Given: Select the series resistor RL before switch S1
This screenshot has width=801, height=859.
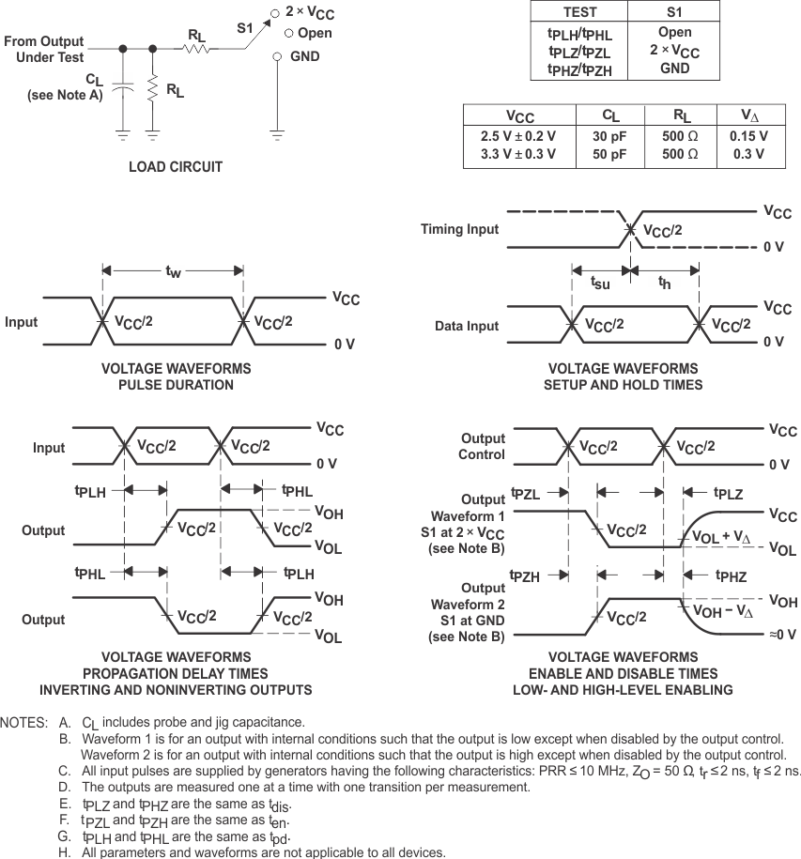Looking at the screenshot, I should [196, 47].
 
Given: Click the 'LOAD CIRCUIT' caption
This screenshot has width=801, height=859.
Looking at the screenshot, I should [176, 167].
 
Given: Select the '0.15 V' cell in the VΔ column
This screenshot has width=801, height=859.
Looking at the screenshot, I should [748, 135].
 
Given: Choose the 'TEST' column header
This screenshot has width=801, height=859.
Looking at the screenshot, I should [578, 12].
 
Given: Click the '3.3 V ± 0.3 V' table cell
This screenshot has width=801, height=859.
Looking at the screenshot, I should [517, 153].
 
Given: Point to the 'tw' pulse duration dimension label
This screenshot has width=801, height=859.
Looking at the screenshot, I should [173, 271].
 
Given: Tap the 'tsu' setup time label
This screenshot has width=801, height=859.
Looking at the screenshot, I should [600, 282].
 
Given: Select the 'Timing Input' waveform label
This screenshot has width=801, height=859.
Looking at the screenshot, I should [459, 229].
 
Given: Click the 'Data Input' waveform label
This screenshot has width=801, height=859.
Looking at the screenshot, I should [467, 326].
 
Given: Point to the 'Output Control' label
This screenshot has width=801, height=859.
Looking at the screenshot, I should [483, 447].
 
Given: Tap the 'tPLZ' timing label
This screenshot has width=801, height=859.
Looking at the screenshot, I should [728, 492].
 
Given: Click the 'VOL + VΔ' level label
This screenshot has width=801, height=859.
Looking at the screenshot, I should [721, 538].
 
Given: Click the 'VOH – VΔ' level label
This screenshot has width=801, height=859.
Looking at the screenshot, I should [721, 611].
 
